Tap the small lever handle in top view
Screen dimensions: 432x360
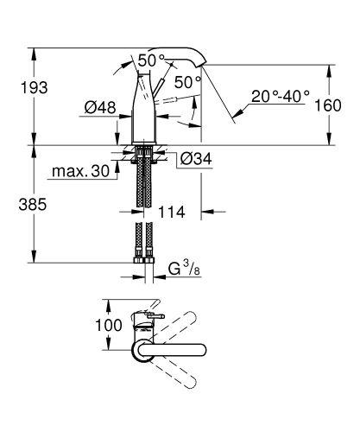[154, 319]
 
